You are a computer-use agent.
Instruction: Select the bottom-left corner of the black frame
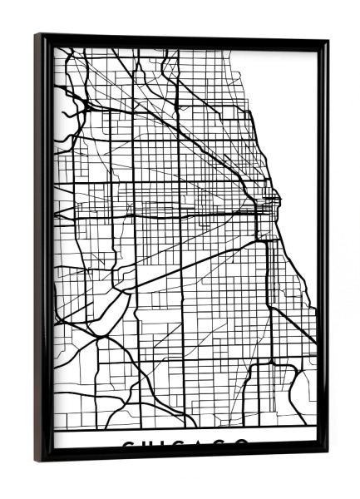[37, 459]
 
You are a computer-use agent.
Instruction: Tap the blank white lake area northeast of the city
[291, 100]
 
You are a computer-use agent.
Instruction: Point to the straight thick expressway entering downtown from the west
[166, 214]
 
